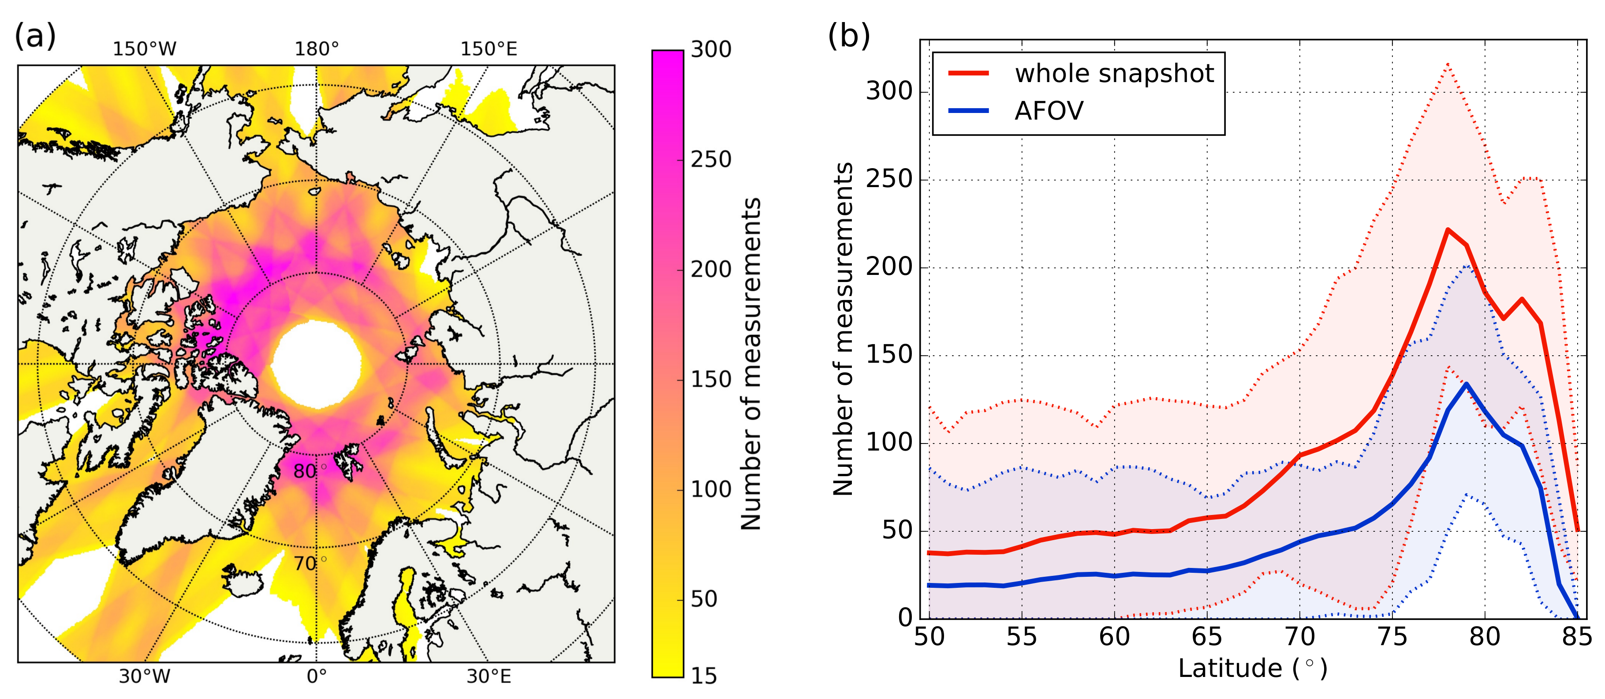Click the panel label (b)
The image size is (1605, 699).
pyautogui.click(x=849, y=36)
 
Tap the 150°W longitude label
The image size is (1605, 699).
pyautogui.click(x=145, y=49)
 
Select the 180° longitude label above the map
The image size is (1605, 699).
pyautogui.click(x=317, y=49)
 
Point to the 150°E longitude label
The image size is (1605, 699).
pyautogui.click(x=489, y=49)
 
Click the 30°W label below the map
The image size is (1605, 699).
pyautogui.click(x=145, y=676)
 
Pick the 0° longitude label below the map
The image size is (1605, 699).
pyautogui.click(x=317, y=676)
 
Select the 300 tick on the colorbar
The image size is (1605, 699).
pyautogui.click(x=711, y=50)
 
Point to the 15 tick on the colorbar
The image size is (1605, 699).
pyautogui.click(x=704, y=676)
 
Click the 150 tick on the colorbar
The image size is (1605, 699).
pyautogui.click(x=711, y=379)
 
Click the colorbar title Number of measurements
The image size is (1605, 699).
pyautogui.click(x=751, y=364)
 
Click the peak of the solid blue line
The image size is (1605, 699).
pyautogui.click(x=1467, y=384)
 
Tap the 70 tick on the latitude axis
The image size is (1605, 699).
pyautogui.click(x=1300, y=637)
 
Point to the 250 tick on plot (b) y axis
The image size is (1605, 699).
pyautogui.click(x=889, y=180)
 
